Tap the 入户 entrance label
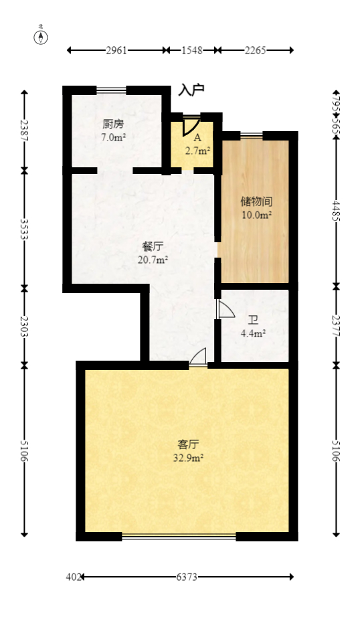tap(191, 90)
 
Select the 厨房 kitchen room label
tap(113, 124)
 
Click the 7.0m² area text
tap(113, 138)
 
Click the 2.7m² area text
tap(197, 151)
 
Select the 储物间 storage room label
tap(256, 201)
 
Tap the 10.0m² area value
tap(256, 215)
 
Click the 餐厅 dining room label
tap(152, 246)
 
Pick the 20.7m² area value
tap(152, 260)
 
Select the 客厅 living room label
tap(188, 444)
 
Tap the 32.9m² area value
tap(188, 458)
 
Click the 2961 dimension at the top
tap(116, 50)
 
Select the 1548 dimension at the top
tap(193, 50)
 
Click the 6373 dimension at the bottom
tap(187, 577)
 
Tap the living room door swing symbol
tap(198, 357)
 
